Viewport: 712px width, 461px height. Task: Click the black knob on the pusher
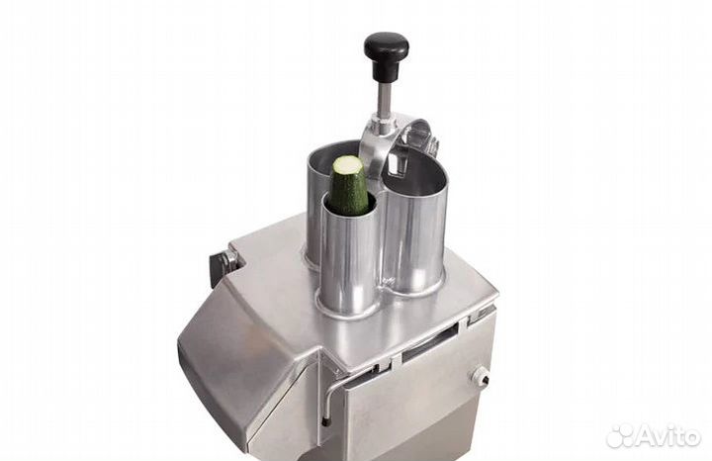pos(386,47)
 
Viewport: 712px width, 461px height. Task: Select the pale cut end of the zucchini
pos(349,164)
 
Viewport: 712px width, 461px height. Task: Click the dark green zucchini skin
pos(349,193)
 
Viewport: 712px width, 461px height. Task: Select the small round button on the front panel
pos(482,377)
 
